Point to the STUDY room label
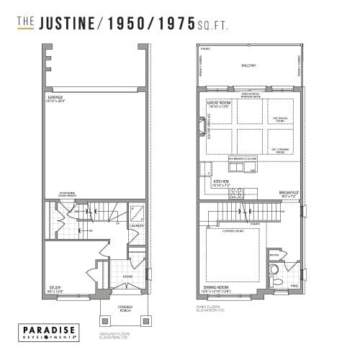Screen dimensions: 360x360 [x=55, y=288]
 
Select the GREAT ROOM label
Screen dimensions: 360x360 [x=219, y=103]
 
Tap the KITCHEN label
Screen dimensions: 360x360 [x=221, y=181]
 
